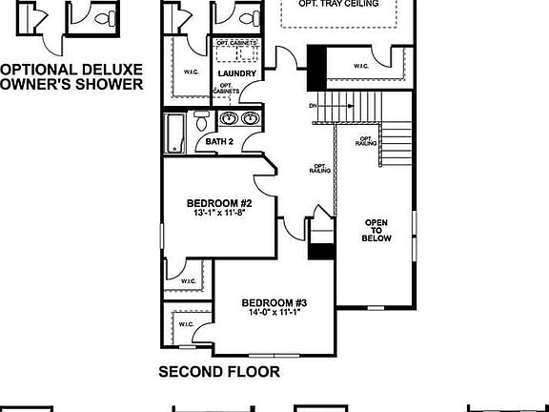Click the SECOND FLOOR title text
tap(219, 372)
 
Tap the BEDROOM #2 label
tap(218, 203)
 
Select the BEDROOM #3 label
tap(274, 302)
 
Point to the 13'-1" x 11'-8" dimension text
tap(218, 214)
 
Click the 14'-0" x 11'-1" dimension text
tap(274, 313)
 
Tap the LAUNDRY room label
tap(236, 73)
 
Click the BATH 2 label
tap(220, 142)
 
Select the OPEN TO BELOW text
tap(376, 231)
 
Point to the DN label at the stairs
tap(313, 106)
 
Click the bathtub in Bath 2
tap(176, 132)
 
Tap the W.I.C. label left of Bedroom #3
tap(184, 324)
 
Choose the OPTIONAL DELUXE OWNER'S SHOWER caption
tap(71, 76)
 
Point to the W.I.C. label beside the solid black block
tap(361, 66)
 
